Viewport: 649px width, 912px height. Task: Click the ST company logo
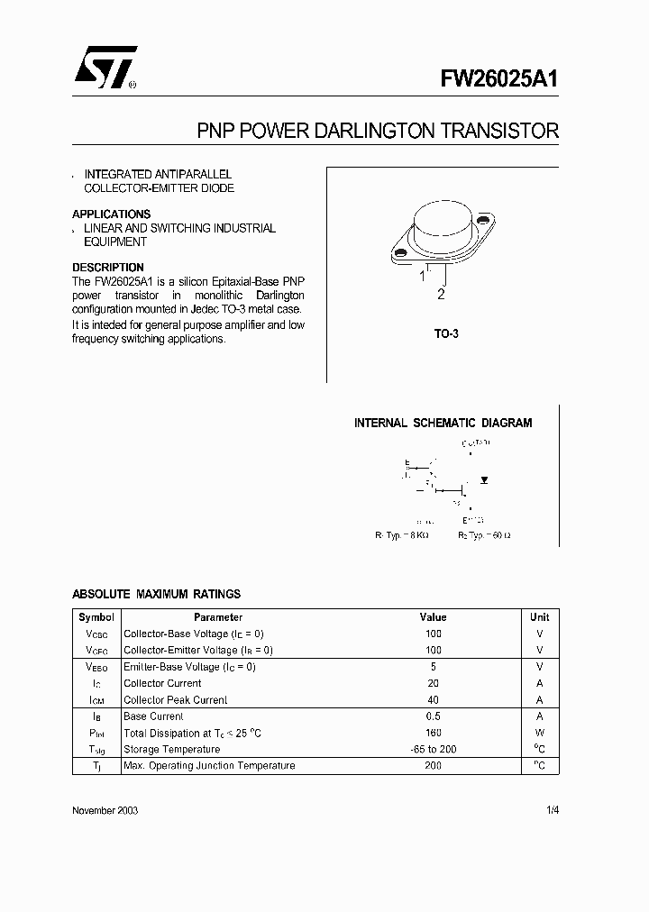pyautogui.click(x=106, y=68)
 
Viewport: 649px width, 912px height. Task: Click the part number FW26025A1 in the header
pyautogui.click(x=499, y=78)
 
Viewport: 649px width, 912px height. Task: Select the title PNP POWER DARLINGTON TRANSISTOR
pyautogui.click(x=378, y=132)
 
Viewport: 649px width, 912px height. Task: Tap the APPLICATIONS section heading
pyautogui.click(x=111, y=214)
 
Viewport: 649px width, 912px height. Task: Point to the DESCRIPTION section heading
pyautogui.click(x=107, y=268)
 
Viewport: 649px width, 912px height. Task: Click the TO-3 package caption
pyautogui.click(x=446, y=333)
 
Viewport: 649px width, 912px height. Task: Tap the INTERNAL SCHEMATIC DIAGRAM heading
pyautogui.click(x=443, y=423)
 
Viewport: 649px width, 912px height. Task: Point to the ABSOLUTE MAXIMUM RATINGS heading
pyautogui.click(x=156, y=594)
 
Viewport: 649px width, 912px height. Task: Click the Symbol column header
pyautogui.click(x=96, y=617)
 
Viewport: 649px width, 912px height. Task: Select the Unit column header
pyautogui.click(x=539, y=617)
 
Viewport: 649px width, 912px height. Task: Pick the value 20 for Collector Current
pyautogui.click(x=434, y=683)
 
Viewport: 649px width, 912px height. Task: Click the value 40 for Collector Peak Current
pyautogui.click(x=434, y=699)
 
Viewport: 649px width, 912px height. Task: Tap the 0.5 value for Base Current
pyautogui.click(x=434, y=716)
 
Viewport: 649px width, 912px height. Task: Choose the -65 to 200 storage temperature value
pyautogui.click(x=434, y=749)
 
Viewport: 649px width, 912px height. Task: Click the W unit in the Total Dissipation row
pyautogui.click(x=539, y=733)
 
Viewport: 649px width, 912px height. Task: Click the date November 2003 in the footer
pyautogui.click(x=105, y=810)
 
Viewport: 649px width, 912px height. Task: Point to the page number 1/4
pyautogui.click(x=553, y=810)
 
